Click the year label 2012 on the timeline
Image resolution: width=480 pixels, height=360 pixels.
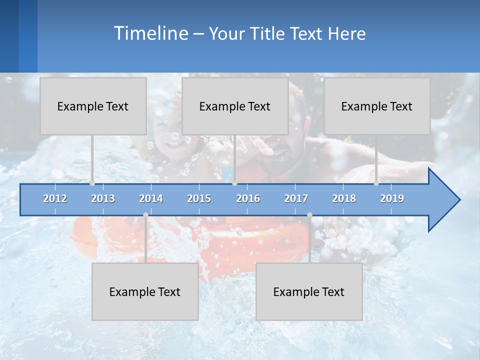click(55, 198)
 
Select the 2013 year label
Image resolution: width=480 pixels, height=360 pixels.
click(103, 198)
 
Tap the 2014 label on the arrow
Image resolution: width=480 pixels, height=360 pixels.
click(151, 198)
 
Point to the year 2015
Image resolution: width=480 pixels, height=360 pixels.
click(199, 198)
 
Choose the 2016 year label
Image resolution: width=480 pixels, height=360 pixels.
click(248, 198)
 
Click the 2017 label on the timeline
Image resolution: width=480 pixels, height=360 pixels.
click(296, 198)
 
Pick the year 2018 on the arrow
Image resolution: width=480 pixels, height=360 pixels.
click(344, 198)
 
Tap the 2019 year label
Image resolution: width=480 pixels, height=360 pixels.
click(392, 198)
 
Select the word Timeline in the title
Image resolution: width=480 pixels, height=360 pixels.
click(150, 33)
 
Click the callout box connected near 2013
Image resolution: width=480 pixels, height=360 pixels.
click(93, 106)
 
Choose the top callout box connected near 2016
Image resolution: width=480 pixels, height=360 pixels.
click(235, 106)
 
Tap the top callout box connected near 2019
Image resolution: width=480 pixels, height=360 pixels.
click(377, 106)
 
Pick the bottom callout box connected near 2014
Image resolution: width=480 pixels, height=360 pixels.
click(145, 291)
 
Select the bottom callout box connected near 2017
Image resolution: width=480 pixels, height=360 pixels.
click(309, 291)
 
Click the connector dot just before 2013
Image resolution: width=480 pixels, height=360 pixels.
click(92, 183)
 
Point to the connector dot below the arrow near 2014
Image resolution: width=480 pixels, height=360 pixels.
click(145, 215)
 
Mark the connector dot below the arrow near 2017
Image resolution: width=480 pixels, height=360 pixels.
click(309, 215)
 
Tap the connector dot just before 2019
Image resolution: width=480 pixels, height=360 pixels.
click(376, 183)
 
